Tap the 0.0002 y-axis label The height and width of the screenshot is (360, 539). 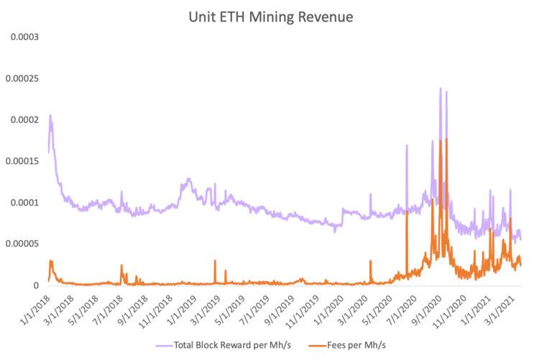point(25,119)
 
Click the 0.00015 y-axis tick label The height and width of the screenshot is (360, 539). point(23,161)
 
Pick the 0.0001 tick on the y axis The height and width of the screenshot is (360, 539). point(25,203)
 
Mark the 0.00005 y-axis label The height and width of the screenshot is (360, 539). point(23,244)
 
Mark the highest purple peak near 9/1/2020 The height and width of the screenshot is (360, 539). point(440,88)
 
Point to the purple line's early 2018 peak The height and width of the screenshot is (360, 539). point(50,115)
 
